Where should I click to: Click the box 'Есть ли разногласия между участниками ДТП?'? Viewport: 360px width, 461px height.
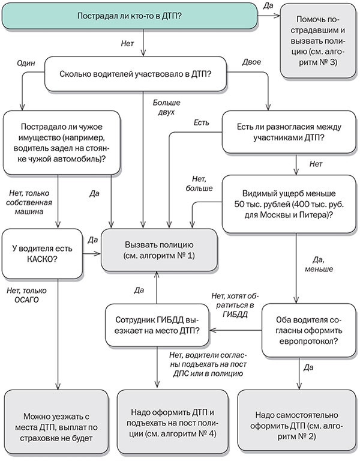click(x=290, y=134)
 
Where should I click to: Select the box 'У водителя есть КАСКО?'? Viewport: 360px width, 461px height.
click(x=42, y=252)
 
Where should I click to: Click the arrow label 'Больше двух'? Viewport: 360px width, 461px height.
click(x=164, y=107)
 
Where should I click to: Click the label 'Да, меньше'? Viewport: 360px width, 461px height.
click(x=317, y=264)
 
